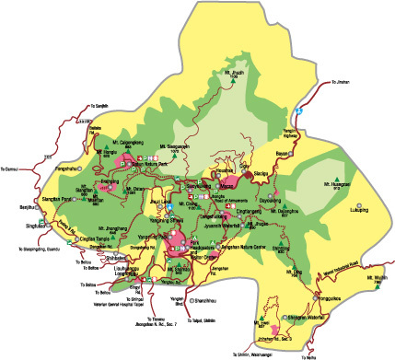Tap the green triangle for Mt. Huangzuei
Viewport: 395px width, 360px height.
tap(338, 177)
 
